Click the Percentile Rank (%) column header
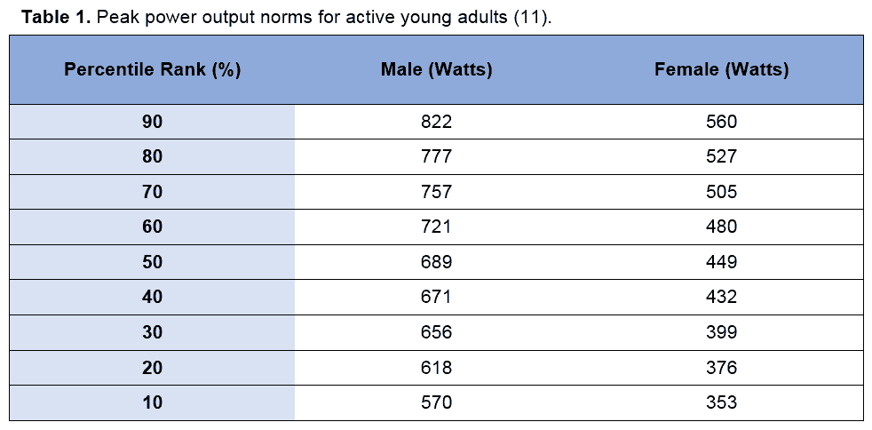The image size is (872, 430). (x=153, y=70)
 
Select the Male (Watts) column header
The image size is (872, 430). (x=436, y=70)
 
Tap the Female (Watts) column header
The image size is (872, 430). (x=721, y=70)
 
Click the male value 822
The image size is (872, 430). (x=436, y=121)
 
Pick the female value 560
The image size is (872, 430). (x=721, y=121)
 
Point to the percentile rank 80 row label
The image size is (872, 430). (x=152, y=157)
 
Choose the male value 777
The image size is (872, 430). (x=436, y=157)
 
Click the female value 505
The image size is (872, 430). (x=721, y=192)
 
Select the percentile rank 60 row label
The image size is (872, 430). (x=152, y=227)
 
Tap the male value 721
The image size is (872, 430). (x=436, y=227)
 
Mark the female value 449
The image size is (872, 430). (x=721, y=262)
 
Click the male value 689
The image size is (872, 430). (x=436, y=262)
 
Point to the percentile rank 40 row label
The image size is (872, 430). (x=152, y=297)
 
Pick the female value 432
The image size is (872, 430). (x=721, y=297)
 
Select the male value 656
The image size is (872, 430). (x=436, y=332)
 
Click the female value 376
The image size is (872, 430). (x=721, y=367)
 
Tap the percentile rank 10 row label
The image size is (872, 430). (x=152, y=402)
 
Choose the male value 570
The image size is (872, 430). (x=436, y=402)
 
